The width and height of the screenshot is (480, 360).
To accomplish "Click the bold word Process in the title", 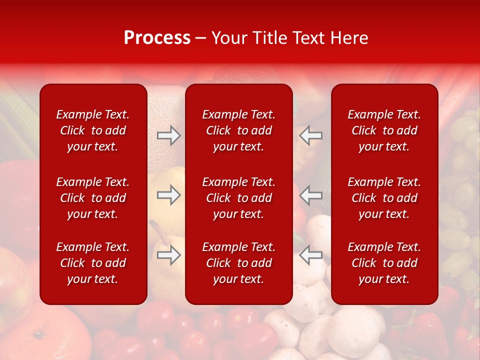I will tap(157, 38).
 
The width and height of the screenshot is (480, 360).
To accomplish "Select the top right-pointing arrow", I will tap(169, 135).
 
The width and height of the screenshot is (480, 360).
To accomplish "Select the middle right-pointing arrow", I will tap(169, 195).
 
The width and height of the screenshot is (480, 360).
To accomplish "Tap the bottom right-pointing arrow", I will tap(169, 255).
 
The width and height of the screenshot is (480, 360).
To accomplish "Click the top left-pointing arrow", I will tap(310, 135).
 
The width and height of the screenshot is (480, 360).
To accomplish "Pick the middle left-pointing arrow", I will tap(310, 195).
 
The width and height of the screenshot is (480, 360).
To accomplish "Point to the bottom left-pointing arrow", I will tap(310, 255).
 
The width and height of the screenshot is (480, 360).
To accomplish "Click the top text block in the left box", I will tap(93, 130).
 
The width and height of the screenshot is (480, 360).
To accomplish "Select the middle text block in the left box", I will tap(93, 198).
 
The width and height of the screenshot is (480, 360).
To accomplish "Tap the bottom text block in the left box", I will tap(93, 263).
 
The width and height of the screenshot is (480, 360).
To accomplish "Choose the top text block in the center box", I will tap(238, 130).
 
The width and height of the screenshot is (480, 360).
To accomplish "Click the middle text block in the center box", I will tap(238, 198).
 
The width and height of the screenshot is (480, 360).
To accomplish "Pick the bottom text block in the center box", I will tap(238, 263).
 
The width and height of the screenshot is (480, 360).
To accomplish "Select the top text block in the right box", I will tap(384, 130).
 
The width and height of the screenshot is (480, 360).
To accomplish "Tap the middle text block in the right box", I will tap(384, 198).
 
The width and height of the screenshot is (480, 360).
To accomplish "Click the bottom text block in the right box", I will tap(384, 263).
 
